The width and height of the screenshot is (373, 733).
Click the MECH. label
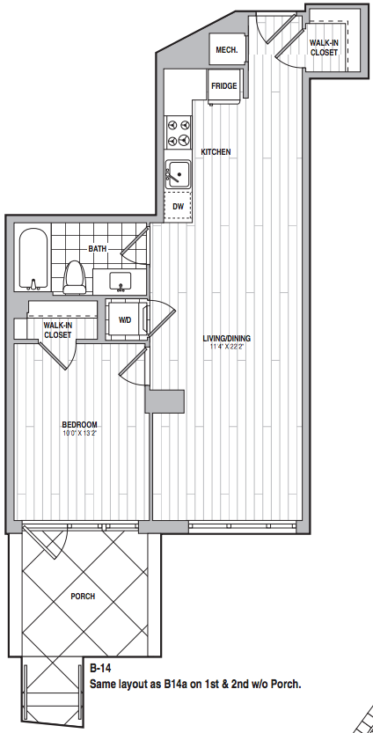click(227, 50)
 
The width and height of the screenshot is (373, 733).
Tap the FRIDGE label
click(224, 86)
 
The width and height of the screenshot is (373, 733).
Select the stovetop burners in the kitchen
click(179, 132)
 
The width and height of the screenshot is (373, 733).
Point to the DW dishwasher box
click(178, 206)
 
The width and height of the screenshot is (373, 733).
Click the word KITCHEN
click(216, 152)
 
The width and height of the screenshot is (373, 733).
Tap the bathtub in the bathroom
click(33, 259)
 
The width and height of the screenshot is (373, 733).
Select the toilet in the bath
click(74, 275)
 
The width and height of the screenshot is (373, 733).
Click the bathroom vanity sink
click(121, 282)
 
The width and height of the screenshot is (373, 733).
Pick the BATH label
click(98, 249)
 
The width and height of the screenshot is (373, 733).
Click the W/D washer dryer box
click(125, 319)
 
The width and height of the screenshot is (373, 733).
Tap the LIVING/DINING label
click(226, 338)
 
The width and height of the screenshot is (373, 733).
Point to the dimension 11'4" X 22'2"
click(226, 347)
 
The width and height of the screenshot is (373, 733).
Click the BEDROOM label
click(80, 424)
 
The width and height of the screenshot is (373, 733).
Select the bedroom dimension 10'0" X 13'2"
click(80, 433)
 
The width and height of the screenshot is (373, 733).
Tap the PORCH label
click(83, 596)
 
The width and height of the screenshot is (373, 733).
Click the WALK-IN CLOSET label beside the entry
click(324, 48)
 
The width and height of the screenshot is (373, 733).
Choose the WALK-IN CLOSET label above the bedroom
click(58, 330)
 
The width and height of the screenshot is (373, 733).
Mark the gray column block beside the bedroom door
click(165, 401)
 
